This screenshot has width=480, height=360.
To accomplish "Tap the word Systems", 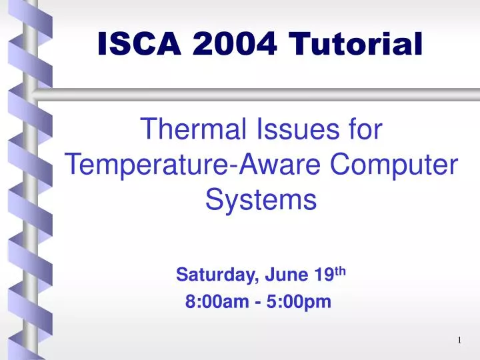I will [259, 199].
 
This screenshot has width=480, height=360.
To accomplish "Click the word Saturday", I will [209, 275].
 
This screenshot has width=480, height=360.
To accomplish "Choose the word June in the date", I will [283, 275].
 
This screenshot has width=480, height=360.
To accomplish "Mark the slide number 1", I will [460, 341].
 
